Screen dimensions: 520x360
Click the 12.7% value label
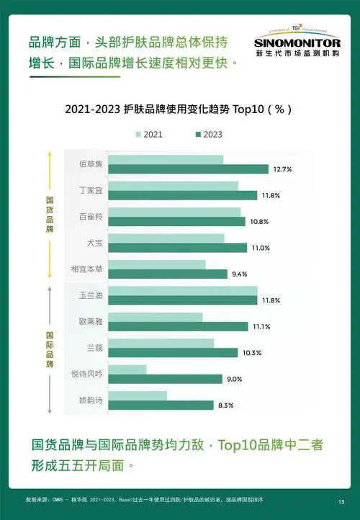282,169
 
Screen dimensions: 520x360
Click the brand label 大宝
94,243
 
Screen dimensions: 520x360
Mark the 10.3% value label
252,353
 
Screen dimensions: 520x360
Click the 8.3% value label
225,405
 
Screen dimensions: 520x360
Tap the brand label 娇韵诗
91,400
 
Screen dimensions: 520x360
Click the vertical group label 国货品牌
49,214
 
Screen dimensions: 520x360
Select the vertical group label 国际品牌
49,349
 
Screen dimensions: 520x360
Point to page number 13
341,501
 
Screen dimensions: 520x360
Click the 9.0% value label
235,379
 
